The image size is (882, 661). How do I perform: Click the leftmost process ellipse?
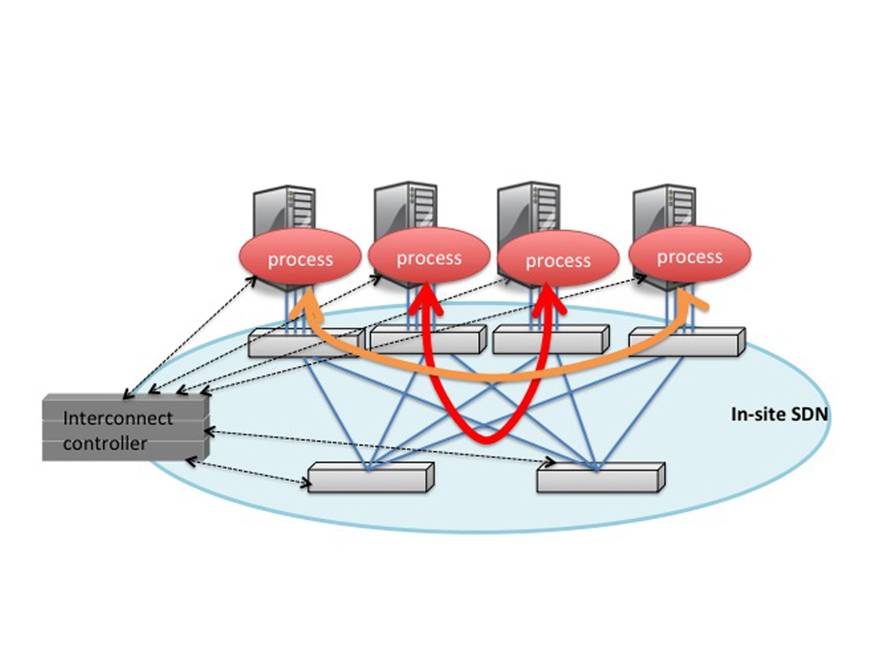[x=300, y=257]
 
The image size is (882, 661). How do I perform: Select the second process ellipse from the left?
[x=429, y=256]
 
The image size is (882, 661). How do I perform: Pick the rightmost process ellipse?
[x=690, y=255]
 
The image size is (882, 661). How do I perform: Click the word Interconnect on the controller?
[x=118, y=418]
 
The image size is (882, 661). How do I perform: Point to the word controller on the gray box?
[x=105, y=443]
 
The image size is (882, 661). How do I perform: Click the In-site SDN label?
[x=780, y=414]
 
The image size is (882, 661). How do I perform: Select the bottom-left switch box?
[x=371, y=478]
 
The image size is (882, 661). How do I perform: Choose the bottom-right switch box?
[x=602, y=478]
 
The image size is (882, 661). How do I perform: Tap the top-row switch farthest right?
[x=687, y=342]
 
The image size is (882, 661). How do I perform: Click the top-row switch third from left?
[x=550, y=340]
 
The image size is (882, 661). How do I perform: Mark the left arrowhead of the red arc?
[x=426, y=298]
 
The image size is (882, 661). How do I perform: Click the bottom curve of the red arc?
[x=487, y=438]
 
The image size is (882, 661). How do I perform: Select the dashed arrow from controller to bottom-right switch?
[x=379, y=447]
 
